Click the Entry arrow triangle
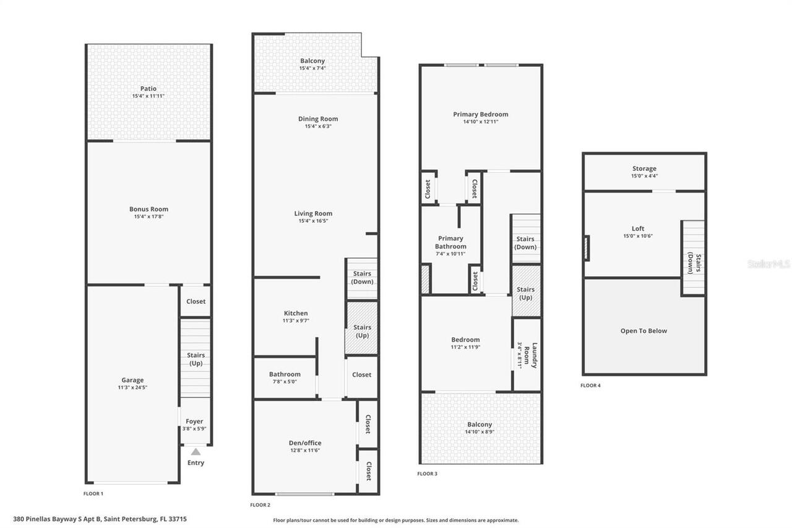pyautogui.click(x=196, y=452)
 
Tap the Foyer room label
pyautogui.click(x=194, y=422)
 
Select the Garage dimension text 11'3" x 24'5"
pyautogui.click(x=132, y=387)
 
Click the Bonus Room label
pyautogui.click(x=148, y=209)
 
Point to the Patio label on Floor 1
pyautogui.click(x=148, y=89)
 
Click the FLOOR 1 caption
pyautogui.click(x=93, y=493)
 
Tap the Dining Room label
pyautogui.click(x=318, y=119)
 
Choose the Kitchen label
pyautogui.click(x=296, y=313)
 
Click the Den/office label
pyautogui.click(x=305, y=443)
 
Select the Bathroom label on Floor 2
pyautogui.click(x=285, y=374)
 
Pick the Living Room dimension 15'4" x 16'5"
pyautogui.click(x=313, y=221)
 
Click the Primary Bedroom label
pyautogui.click(x=481, y=114)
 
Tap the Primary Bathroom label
pyautogui.click(x=450, y=242)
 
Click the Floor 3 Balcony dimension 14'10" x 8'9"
pyautogui.click(x=480, y=431)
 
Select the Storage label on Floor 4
pyautogui.click(x=644, y=168)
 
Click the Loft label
pyautogui.click(x=638, y=228)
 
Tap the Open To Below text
pyautogui.click(x=643, y=331)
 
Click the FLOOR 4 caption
pyautogui.click(x=590, y=385)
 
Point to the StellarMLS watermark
pyautogui.click(x=768, y=264)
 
